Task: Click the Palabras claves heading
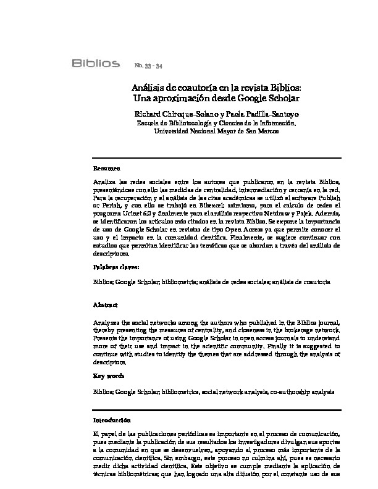click(116, 267)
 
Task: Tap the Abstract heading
click(106, 306)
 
